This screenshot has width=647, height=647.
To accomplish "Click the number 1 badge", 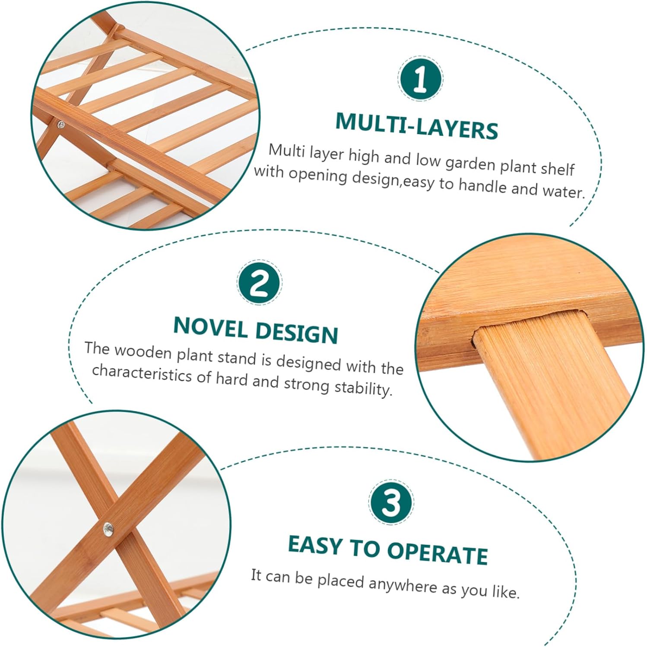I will click(x=420, y=79).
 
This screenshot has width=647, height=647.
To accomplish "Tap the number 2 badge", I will click(x=259, y=283).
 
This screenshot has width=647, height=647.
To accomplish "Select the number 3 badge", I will click(x=391, y=502).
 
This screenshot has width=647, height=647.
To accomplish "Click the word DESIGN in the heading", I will click(x=296, y=332).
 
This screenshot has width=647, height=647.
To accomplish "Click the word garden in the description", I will click(x=470, y=164).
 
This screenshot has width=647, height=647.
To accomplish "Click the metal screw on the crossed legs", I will click(x=108, y=528).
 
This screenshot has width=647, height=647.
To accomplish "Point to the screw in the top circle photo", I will click(x=61, y=125).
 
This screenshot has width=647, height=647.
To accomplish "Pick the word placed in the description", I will click(x=341, y=581).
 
